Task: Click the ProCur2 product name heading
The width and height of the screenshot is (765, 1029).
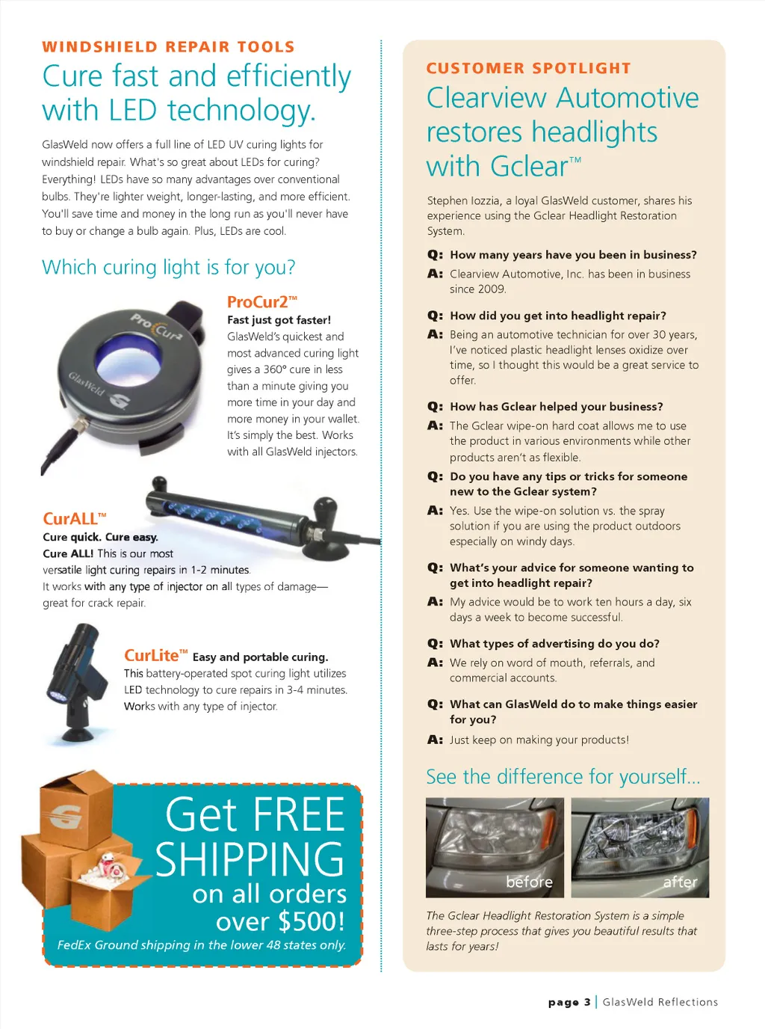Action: pos(262,302)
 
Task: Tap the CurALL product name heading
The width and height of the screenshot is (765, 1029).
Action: pos(75,519)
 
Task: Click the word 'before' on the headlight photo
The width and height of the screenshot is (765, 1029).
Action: pos(529,882)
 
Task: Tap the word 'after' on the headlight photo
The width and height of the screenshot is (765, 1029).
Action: pos(680,882)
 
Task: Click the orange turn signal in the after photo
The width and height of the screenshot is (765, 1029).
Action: pos(693,826)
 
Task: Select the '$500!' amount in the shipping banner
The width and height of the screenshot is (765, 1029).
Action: pos(312,921)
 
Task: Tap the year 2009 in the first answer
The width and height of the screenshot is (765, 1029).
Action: pos(477,289)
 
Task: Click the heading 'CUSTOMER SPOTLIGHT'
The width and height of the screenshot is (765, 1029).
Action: pos(528,68)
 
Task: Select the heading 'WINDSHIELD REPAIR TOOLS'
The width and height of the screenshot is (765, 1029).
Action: pos(168,47)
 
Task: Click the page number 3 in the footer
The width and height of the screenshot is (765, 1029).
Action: pos(587,1002)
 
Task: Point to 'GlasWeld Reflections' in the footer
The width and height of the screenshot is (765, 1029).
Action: pos(660,1002)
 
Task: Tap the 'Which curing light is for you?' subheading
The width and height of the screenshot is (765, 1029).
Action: pos(168,268)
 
